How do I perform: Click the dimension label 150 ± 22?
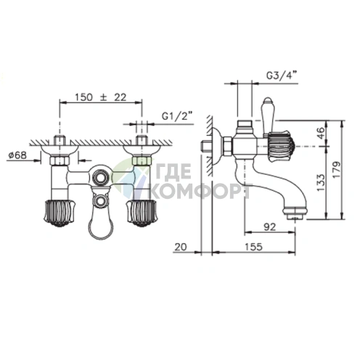[x=100, y=97]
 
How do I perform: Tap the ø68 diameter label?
[x=17, y=155]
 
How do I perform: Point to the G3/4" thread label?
[x=282, y=76]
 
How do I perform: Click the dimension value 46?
[x=321, y=133]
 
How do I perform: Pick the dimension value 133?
[x=321, y=182]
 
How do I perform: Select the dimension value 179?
[x=337, y=170]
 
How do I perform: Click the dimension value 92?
[x=270, y=227]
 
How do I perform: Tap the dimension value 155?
[x=253, y=247]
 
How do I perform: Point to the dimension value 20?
[x=181, y=247]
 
